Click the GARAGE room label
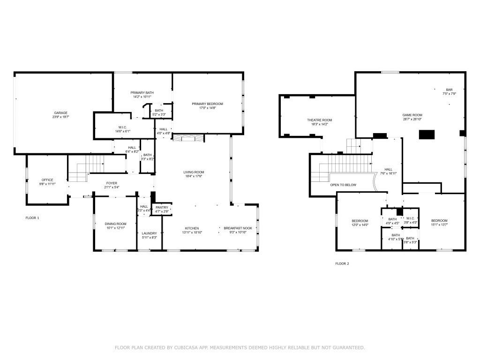pos(60,112)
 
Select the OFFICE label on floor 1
pos(47,180)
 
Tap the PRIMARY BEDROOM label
pos(207,104)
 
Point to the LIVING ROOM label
pos(194,172)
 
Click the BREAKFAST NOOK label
pos(238,228)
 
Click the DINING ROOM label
pos(115,224)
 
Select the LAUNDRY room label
pos(150,233)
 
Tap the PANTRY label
pos(162,207)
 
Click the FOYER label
pos(112,183)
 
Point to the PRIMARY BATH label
pos(142,92)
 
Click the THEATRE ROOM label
pos(319,120)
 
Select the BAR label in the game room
pos(449,90)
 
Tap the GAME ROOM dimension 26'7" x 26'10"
pos(412,119)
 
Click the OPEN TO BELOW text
pos(343,185)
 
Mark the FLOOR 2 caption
pos(342,263)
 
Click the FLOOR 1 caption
pos(32,218)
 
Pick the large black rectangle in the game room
pos(427,135)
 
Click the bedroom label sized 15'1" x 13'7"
pos(439,221)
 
